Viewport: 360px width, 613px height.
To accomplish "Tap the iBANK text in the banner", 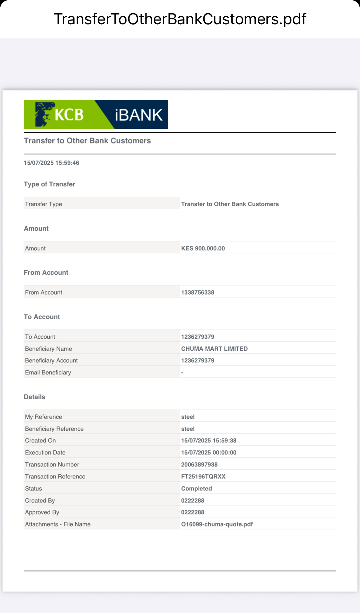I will [138, 115].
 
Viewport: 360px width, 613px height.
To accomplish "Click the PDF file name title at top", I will [180, 19].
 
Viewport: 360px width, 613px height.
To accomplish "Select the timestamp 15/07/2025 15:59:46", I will [51, 163].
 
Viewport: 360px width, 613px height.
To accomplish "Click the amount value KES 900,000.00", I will [203, 248].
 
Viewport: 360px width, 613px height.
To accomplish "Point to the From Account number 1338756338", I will [198, 292].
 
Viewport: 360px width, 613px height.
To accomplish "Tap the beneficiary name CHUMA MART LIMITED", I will [214, 349].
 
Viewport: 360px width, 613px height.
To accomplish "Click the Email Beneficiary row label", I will [48, 373].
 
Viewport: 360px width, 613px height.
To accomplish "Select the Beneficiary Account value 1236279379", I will [198, 361].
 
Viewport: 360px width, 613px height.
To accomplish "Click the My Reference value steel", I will [188, 417].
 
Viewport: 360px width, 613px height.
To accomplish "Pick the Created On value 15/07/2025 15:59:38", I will [209, 441].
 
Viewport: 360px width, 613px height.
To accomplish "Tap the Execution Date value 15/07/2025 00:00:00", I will [209, 453].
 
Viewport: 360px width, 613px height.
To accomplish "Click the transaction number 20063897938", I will [199, 465].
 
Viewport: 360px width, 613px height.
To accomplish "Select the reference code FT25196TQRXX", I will [203, 477].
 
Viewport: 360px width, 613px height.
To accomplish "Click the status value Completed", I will [196, 489].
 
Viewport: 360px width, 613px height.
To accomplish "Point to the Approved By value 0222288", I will [193, 512].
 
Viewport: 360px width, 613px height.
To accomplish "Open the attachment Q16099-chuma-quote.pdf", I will [217, 524].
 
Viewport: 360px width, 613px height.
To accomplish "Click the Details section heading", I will [34, 397].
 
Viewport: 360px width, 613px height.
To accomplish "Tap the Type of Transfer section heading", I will [50, 184].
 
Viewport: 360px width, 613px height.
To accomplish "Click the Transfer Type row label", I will [43, 204].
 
